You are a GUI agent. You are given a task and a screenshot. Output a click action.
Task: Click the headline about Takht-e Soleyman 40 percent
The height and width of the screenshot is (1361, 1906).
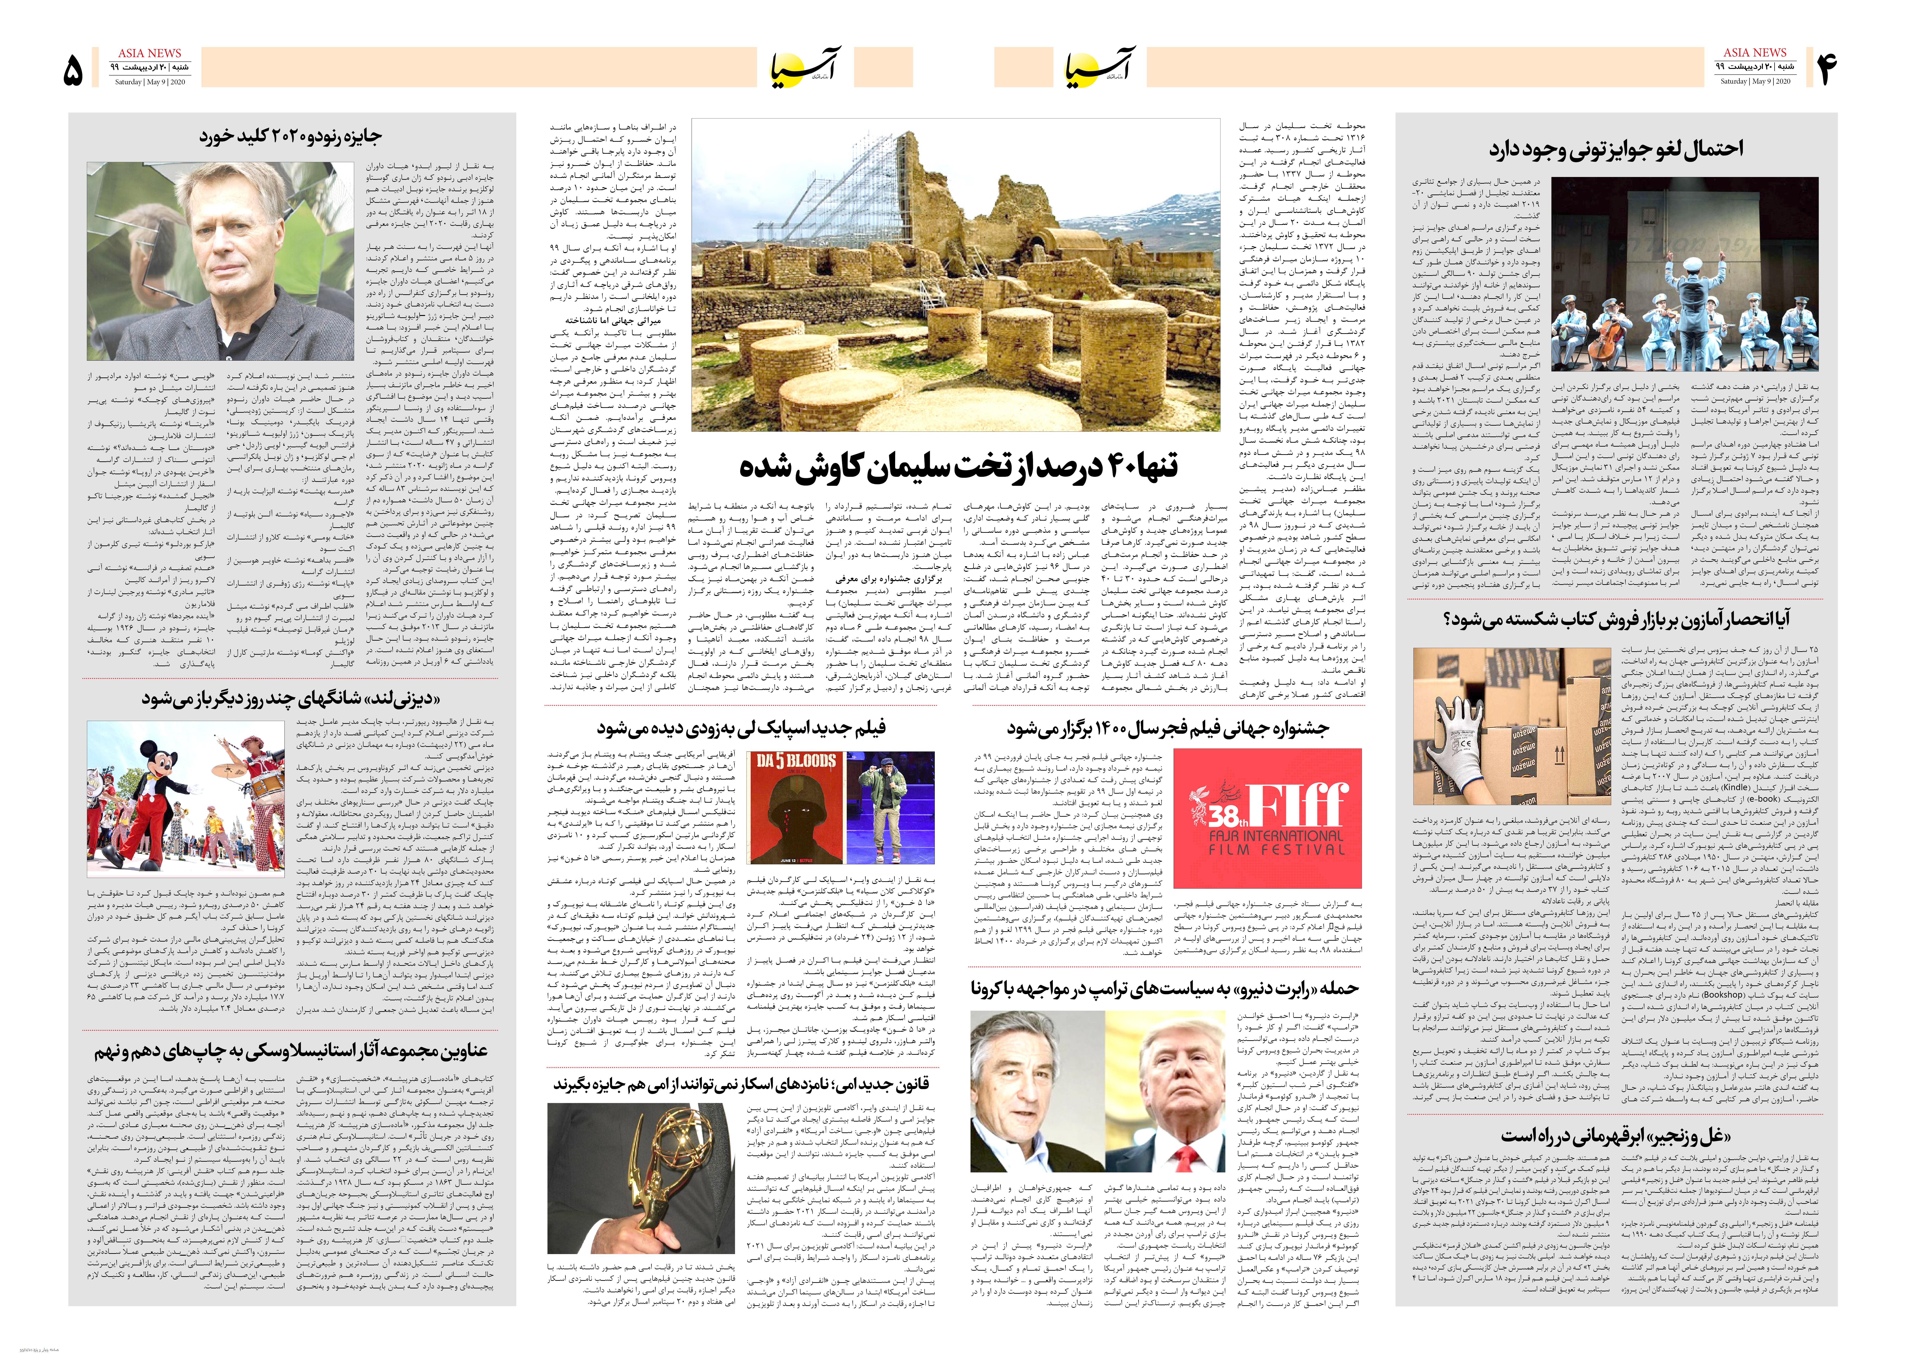coord(958,466)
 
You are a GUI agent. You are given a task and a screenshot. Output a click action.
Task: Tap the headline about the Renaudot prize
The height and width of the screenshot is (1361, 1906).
coord(290,136)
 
